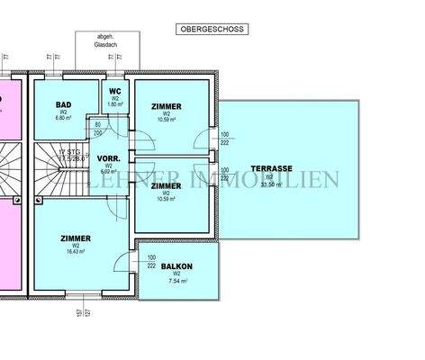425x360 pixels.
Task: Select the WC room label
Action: point(115,91)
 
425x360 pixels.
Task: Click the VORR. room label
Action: point(107,157)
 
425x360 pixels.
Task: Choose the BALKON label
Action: point(177,266)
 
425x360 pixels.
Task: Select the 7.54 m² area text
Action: point(177,282)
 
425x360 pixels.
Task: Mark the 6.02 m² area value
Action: point(107,173)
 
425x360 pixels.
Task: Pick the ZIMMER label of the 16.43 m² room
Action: point(76,238)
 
